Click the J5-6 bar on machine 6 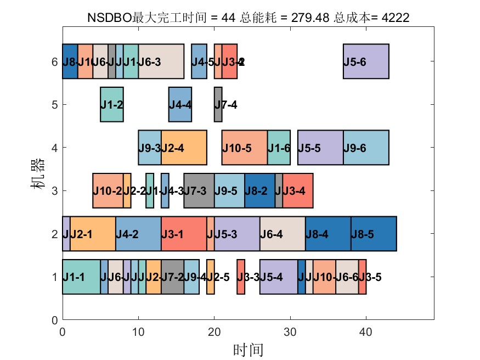point(366,61)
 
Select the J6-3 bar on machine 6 point(161,61)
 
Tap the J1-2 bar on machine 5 point(112,104)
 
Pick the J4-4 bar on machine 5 point(180,104)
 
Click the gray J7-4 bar point(218,104)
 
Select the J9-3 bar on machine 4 point(150,148)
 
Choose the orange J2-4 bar point(184,148)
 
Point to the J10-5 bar point(244,148)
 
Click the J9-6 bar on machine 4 point(366,148)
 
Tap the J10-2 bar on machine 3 point(108,190)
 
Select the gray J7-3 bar point(199,190)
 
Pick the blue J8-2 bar point(259,190)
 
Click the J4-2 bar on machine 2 point(138,234)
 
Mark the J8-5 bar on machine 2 point(374,234)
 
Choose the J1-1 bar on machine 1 point(81,277)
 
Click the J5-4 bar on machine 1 point(279,277)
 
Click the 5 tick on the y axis point(54,104)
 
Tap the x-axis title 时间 point(248,349)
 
